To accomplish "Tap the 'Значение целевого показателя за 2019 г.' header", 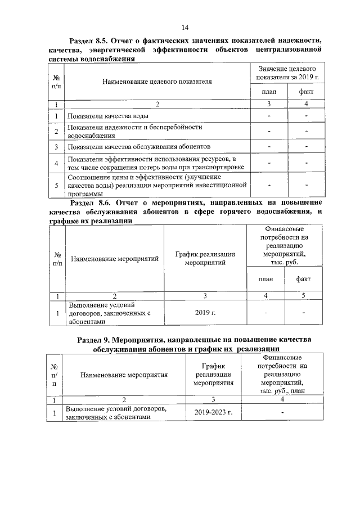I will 286,72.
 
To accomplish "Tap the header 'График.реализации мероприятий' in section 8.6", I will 205,258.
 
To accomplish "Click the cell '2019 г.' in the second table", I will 205,311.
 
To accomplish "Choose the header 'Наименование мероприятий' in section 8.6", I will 114,259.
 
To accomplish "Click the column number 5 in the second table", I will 303,295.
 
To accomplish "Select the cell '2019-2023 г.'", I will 213,412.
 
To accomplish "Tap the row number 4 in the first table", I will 57,164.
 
